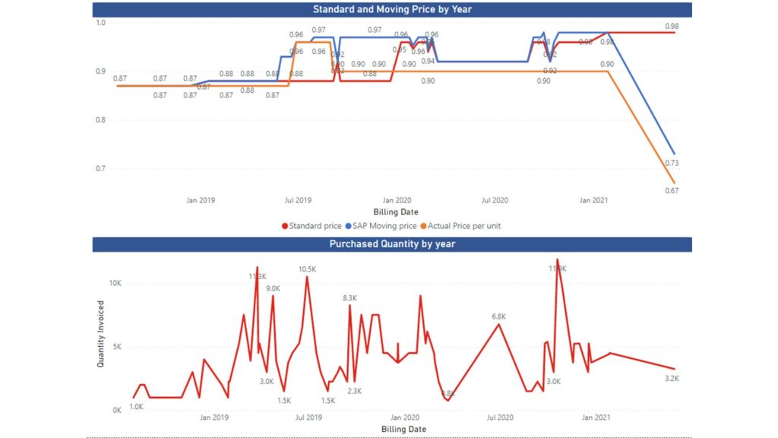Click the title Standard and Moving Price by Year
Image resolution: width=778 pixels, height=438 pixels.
click(392, 9)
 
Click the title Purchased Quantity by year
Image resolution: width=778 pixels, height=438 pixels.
click(392, 244)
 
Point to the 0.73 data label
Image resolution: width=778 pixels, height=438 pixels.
click(672, 163)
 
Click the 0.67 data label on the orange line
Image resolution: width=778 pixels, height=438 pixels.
click(672, 190)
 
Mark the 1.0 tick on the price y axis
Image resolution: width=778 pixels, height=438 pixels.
click(100, 23)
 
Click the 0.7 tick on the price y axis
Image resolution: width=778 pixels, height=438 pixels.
click(100, 168)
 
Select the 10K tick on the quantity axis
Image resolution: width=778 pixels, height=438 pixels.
click(114, 283)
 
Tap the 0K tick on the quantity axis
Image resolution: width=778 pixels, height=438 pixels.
click(116, 410)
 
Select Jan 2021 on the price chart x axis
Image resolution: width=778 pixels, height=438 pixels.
click(593, 201)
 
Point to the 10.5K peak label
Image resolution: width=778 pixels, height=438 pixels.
click(307, 269)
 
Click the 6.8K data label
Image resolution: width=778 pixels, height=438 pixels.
click(499, 316)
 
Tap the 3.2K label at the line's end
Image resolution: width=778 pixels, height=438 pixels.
click(672, 379)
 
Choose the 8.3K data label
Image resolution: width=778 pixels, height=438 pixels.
click(349, 298)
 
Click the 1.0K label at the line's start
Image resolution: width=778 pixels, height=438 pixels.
click(136, 407)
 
